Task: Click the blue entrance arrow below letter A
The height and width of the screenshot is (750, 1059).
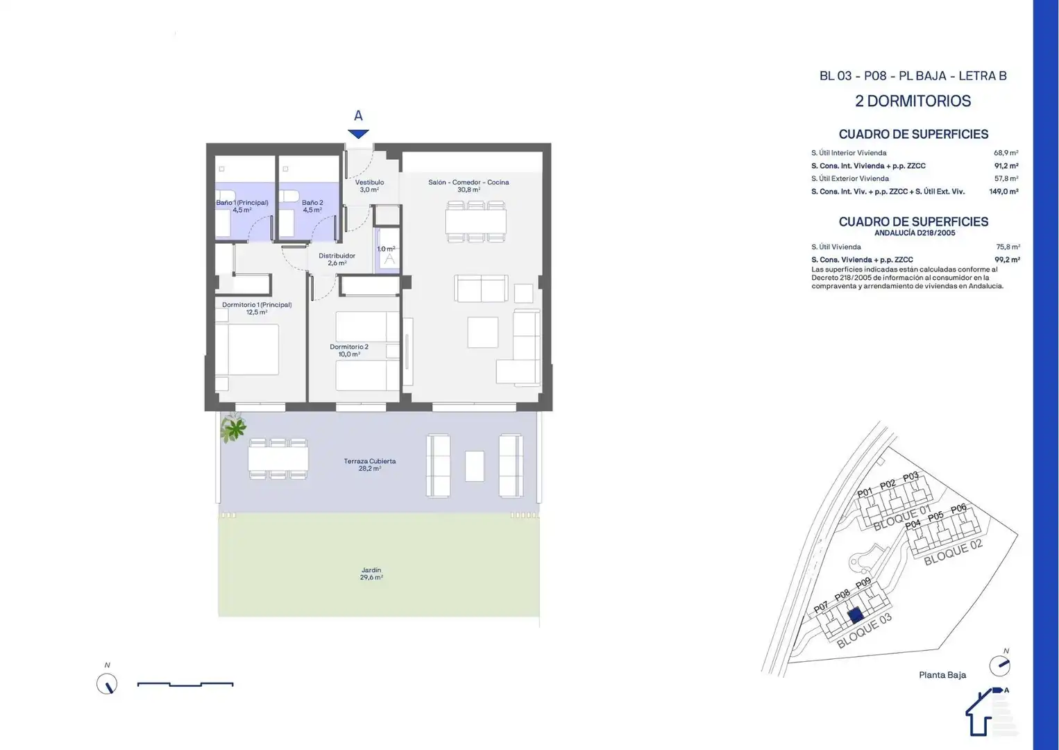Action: pos(358,133)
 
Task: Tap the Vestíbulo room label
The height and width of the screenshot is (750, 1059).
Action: pos(369,185)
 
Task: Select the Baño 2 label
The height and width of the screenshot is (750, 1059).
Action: pos(312,206)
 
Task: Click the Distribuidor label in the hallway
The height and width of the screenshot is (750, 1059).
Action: pos(337,259)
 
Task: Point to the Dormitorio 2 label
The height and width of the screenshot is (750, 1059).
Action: pos(349,350)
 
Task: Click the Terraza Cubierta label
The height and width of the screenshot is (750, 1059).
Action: pos(370,465)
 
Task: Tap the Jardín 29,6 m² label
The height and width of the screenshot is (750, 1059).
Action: pos(371,574)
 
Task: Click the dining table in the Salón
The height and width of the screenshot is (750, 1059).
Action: pos(475,222)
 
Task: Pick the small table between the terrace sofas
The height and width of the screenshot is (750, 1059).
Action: pos(474,466)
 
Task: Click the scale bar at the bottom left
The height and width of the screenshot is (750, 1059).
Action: pos(185,684)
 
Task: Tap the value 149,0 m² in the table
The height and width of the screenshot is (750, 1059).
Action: pos(1003,192)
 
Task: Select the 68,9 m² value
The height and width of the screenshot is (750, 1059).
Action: pos(1006,153)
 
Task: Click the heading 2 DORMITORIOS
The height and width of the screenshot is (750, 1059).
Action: pos(913,101)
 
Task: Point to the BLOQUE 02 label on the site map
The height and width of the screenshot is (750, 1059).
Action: pos(953,552)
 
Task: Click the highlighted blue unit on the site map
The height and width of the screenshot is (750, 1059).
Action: pos(856,615)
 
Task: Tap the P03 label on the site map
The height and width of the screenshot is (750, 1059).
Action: pos(910,477)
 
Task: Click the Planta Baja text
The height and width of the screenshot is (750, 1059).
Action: pos(942,675)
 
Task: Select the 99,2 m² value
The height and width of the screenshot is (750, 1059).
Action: pos(1007,260)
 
